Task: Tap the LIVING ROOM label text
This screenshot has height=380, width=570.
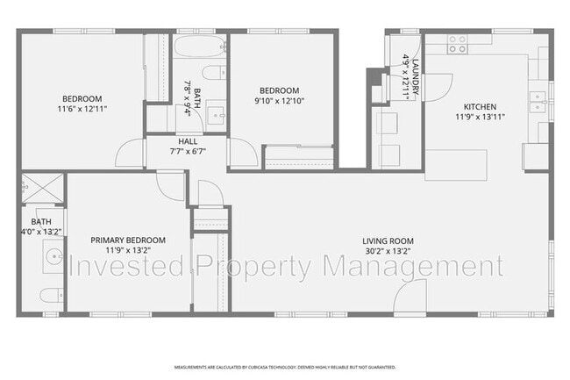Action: click(x=388, y=241)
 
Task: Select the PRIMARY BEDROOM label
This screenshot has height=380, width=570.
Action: click(x=128, y=240)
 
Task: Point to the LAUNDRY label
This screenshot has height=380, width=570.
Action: click(x=417, y=75)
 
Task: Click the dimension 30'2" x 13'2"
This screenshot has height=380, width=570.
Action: click(x=388, y=252)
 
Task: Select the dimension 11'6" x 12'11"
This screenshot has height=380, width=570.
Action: click(x=82, y=109)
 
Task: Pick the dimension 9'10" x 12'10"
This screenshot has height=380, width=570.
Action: click(x=279, y=101)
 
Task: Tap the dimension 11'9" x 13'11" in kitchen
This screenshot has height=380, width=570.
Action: click(x=480, y=116)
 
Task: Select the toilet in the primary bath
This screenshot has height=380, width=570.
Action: click(x=49, y=293)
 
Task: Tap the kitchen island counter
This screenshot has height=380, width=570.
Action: click(x=457, y=165)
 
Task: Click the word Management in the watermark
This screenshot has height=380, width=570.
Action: click(x=413, y=265)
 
